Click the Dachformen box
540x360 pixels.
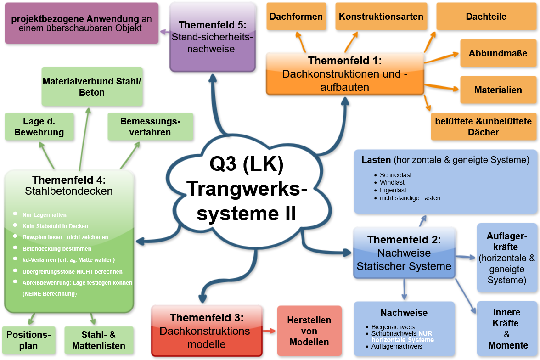coord(296,17)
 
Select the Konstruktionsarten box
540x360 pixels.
coord(381,17)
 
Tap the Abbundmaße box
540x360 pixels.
coord(498,53)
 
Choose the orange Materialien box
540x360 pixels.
coord(498,90)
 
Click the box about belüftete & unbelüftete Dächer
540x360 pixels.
coord(484,126)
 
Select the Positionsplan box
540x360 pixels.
coord(28,340)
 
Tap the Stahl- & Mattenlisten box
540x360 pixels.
coord(99,340)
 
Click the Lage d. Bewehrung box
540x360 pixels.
coord(39,127)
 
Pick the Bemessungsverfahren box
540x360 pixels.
coord(150,127)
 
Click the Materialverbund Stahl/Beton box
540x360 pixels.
coord(92,86)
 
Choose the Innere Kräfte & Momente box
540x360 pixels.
coord(507,328)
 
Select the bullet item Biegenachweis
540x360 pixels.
coord(393,327)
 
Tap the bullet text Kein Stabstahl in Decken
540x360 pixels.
coord(55,226)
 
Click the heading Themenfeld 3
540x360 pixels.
coord(207,318)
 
